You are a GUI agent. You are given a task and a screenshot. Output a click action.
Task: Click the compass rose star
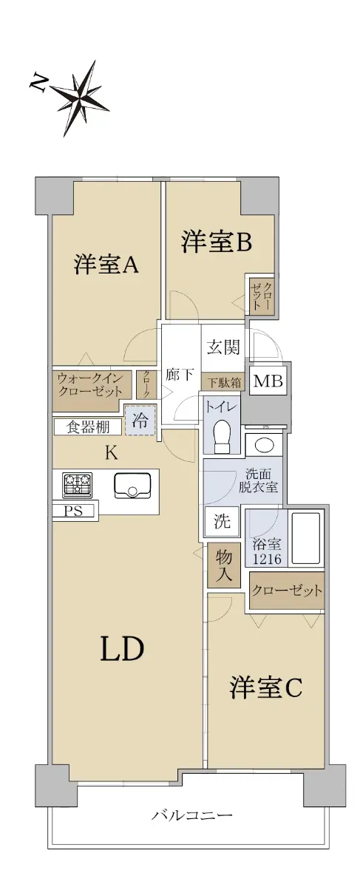(x=81, y=95)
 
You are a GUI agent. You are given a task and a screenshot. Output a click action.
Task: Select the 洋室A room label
(x=106, y=265)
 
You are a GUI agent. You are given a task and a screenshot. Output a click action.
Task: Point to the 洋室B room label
(x=217, y=242)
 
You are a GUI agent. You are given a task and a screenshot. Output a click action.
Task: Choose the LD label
(x=122, y=649)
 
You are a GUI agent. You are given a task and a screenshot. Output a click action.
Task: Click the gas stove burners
(x=77, y=485)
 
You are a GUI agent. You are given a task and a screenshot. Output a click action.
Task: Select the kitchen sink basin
(x=132, y=486)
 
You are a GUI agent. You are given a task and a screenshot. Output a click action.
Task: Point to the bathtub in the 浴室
(x=306, y=538)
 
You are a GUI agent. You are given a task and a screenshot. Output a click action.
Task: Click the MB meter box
(x=268, y=381)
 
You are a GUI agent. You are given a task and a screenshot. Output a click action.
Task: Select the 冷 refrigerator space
(x=140, y=420)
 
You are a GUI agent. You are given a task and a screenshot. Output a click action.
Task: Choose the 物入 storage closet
(x=224, y=565)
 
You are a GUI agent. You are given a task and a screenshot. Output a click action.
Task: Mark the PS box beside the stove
(x=74, y=511)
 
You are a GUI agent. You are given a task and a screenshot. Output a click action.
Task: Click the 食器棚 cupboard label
(x=88, y=427)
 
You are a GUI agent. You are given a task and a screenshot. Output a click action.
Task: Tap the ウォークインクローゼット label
(x=90, y=385)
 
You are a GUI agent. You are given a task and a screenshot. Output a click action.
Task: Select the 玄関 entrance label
(x=224, y=347)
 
